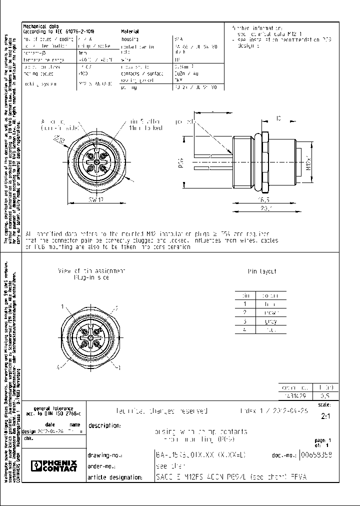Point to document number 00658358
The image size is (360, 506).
[x=316, y=454]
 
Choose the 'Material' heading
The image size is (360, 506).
[x=129, y=31]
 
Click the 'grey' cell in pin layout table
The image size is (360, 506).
[x=270, y=321]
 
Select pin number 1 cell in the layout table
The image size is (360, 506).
[x=245, y=303]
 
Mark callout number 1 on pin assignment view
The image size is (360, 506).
[x=62, y=306]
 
